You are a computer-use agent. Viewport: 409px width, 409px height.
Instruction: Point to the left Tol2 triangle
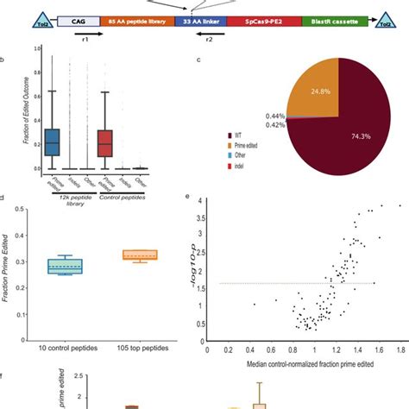pyautogui.click(x=39, y=16)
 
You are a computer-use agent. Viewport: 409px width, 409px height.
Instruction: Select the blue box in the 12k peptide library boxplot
pyautogui.click(x=53, y=142)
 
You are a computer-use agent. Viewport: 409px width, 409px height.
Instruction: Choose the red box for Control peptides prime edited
pyautogui.click(x=105, y=142)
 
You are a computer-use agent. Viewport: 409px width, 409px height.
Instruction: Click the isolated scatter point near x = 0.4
pyautogui.click(x=255, y=304)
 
